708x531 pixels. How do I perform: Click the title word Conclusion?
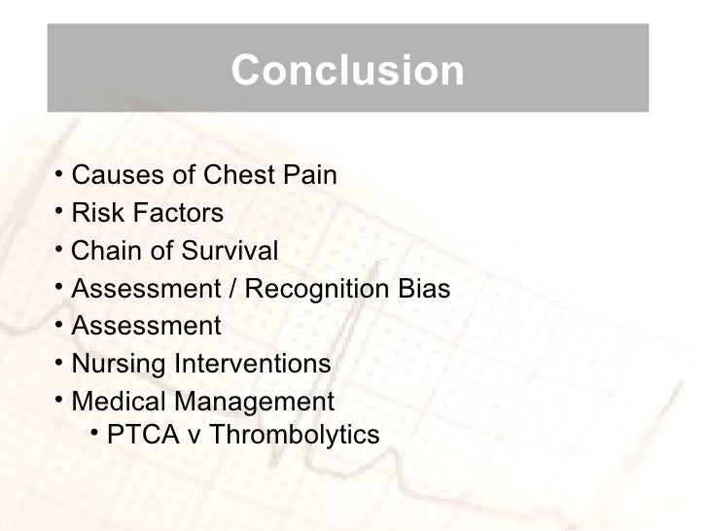point(348,71)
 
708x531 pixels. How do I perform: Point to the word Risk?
point(95,213)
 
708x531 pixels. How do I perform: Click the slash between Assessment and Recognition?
point(233,289)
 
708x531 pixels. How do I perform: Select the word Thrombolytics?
point(295,435)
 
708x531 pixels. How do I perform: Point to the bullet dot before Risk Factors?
point(59,212)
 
